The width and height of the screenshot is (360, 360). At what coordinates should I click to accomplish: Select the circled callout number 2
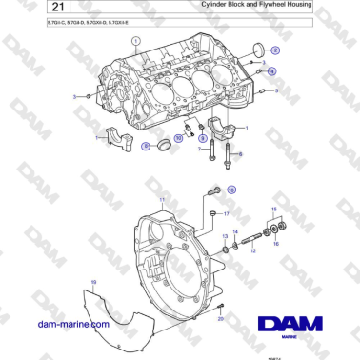click(x=275, y=50)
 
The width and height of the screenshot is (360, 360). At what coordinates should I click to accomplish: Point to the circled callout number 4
click(x=271, y=71)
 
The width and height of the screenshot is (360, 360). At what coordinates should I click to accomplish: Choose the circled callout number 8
click(x=147, y=146)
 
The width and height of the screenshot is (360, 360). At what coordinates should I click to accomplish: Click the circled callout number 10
click(x=178, y=138)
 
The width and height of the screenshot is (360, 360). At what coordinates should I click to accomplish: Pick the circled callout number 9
click(x=201, y=138)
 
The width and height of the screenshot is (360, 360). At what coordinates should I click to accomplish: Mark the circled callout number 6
click(x=239, y=153)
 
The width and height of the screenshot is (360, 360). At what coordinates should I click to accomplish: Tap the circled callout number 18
click(x=230, y=190)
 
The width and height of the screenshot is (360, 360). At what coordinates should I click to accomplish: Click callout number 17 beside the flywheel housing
click(x=227, y=215)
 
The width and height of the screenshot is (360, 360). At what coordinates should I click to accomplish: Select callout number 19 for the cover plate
click(x=93, y=282)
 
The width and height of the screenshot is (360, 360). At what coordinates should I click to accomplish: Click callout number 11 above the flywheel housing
click(x=163, y=200)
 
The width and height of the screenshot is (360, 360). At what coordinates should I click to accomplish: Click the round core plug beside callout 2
click(x=255, y=50)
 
